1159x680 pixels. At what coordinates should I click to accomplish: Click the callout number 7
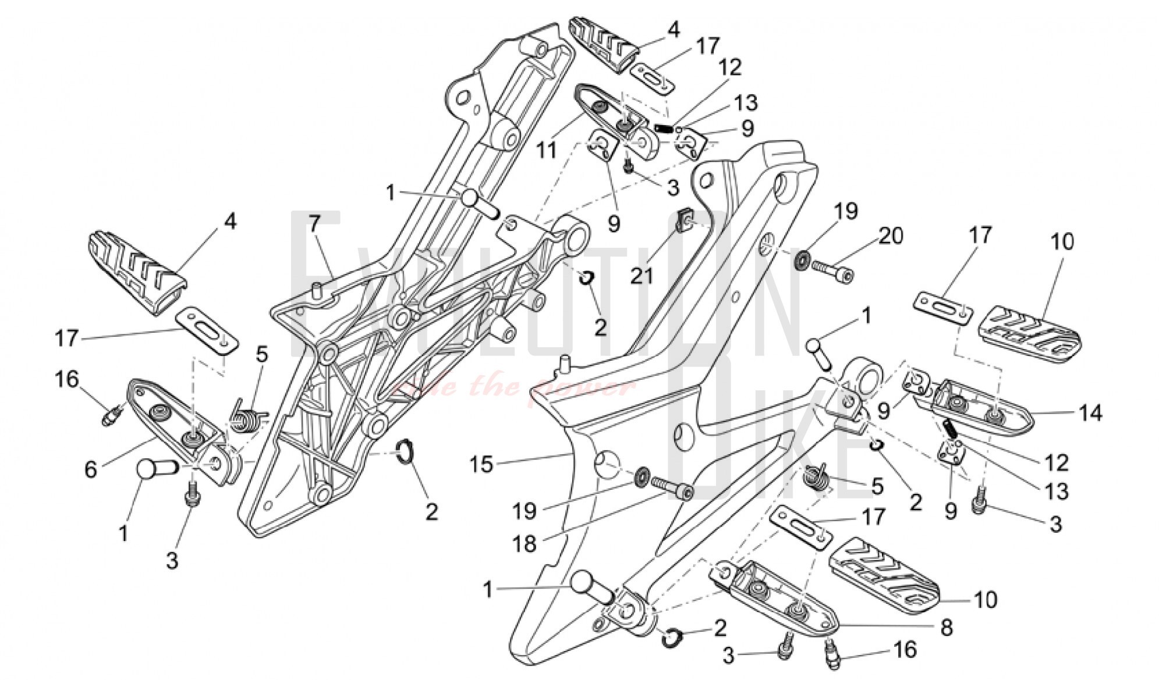(314, 223)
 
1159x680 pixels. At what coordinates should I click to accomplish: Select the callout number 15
(483, 465)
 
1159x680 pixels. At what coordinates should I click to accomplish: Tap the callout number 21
(643, 275)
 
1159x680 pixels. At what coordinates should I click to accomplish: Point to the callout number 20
(891, 236)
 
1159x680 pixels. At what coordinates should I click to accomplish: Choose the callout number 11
(547, 149)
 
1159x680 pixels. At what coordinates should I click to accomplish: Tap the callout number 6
(91, 469)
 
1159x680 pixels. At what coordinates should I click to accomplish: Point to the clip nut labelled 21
(685, 219)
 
